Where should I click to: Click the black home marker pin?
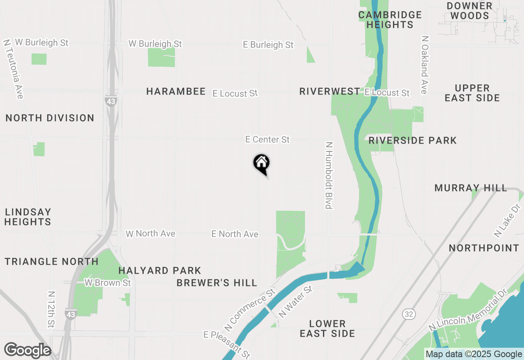tap(262, 164)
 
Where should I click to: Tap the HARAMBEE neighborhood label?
tap(176, 91)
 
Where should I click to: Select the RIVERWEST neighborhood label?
tap(330, 91)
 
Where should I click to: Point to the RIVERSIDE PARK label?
tap(412, 140)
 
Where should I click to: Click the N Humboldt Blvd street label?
tap(328, 175)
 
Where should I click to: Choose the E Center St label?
tap(267, 139)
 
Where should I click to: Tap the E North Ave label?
tap(235, 234)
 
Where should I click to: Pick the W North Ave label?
tap(151, 234)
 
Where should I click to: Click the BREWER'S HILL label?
tap(217, 283)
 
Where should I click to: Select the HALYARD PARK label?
tap(160, 270)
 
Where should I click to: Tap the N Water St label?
tap(295, 302)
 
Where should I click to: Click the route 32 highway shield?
tap(408, 314)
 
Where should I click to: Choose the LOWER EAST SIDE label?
tap(327, 328)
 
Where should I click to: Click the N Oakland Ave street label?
tap(425, 65)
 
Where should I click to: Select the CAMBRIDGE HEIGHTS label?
tap(390, 20)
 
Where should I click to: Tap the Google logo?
tap(27, 351)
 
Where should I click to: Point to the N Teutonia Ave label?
tap(13, 69)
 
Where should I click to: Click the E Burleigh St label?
tap(268, 45)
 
